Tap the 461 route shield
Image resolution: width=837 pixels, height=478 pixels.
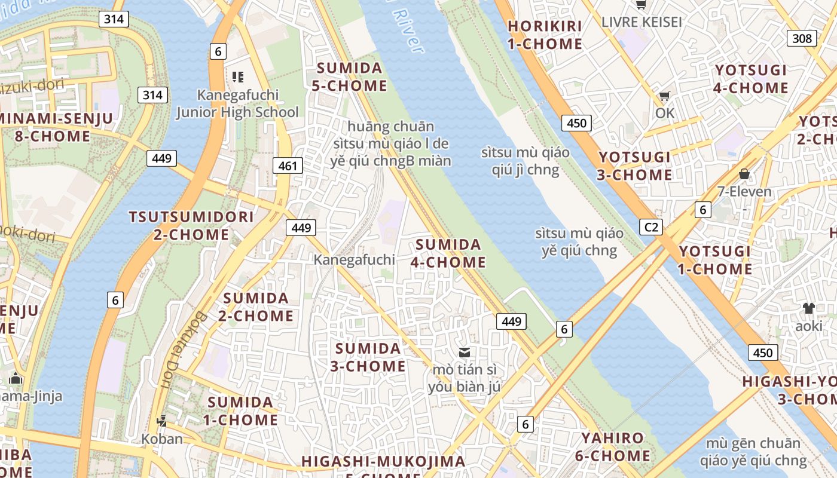(x=288, y=166)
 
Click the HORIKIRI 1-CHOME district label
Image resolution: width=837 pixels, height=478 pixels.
(x=544, y=35)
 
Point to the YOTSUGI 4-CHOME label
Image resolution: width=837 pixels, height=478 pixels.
(x=751, y=79)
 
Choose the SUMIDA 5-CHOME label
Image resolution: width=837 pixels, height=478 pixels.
(x=349, y=76)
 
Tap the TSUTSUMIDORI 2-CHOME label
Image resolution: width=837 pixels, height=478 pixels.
(x=191, y=225)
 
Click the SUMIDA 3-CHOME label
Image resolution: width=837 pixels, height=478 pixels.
(x=368, y=357)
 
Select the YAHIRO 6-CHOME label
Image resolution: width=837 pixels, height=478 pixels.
(x=612, y=447)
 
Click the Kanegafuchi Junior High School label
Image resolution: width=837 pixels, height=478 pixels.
(x=237, y=103)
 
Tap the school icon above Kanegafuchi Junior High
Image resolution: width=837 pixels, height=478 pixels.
(x=238, y=76)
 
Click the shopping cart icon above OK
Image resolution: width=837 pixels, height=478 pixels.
(x=664, y=96)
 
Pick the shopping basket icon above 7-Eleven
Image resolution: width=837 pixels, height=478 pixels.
(x=744, y=174)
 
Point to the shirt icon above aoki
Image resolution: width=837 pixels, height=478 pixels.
(x=808, y=308)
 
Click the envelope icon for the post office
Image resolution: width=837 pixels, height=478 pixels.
(x=465, y=352)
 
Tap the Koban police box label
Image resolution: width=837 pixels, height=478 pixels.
(x=162, y=439)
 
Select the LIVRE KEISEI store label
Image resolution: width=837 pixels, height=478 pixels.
(x=642, y=22)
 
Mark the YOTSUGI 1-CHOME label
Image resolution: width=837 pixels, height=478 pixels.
(x=714, y=260)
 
